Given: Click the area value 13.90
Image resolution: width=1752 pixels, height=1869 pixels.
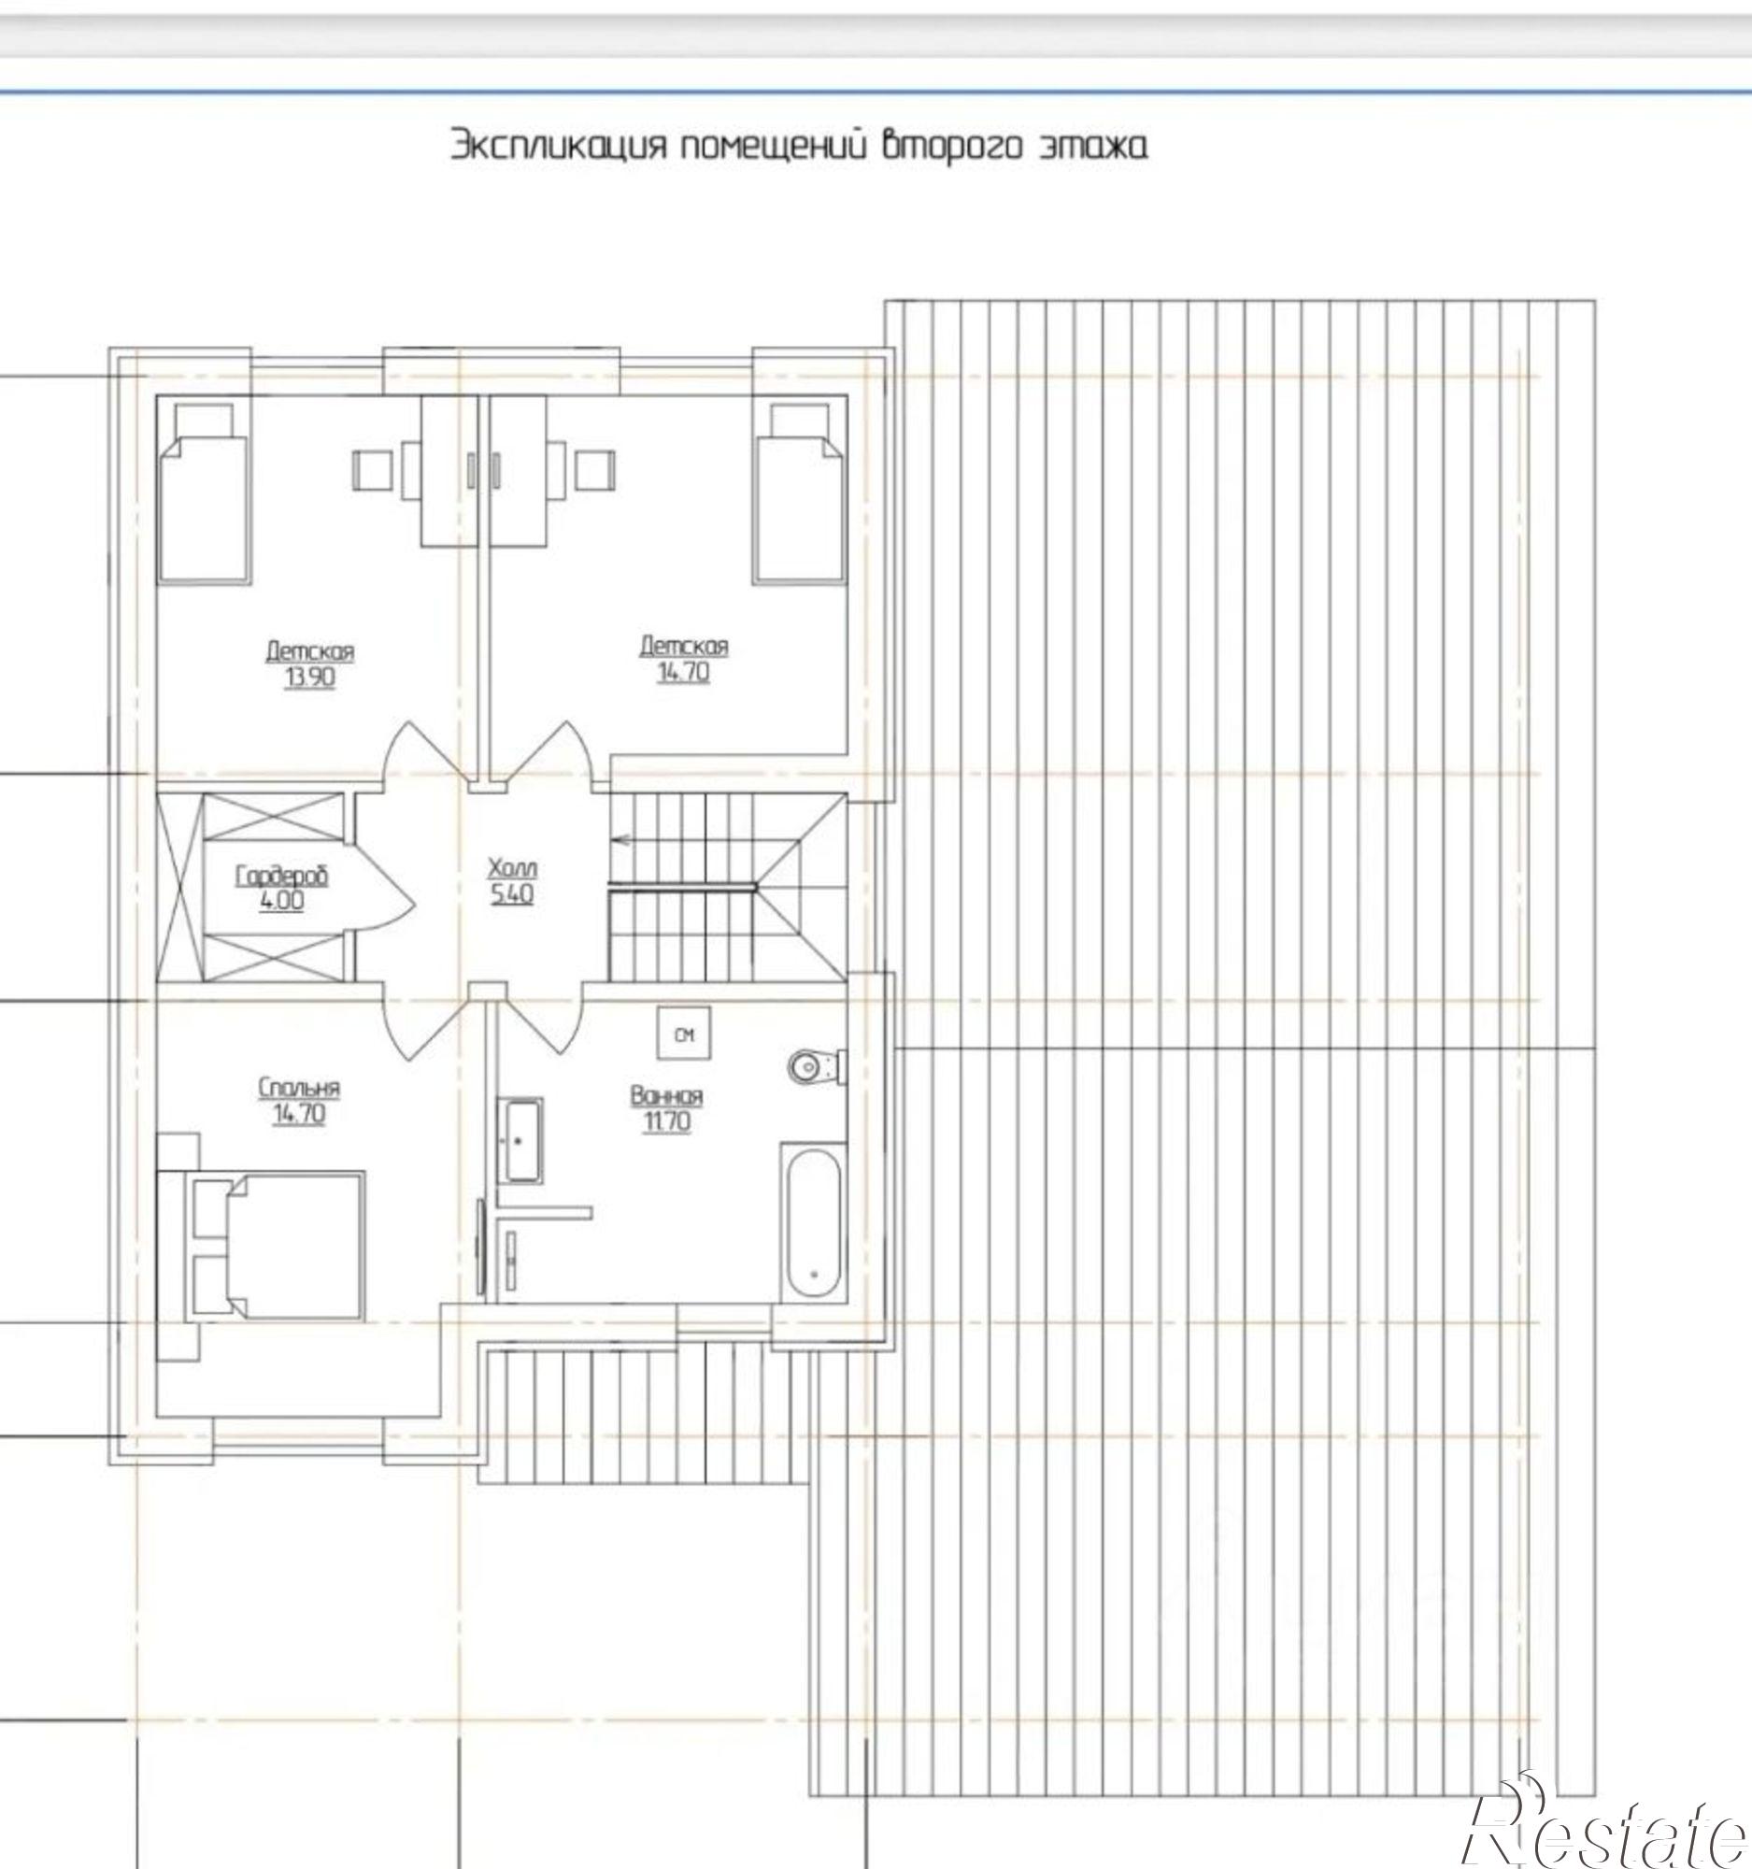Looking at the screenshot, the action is (x=309, y=678).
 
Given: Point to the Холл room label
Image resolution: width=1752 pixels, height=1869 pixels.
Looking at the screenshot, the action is (x=512, y=868).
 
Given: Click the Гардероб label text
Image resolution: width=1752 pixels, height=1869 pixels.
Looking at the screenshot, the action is (x=281, y=877).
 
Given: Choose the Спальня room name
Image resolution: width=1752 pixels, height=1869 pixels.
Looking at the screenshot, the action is (x=299, y=1088).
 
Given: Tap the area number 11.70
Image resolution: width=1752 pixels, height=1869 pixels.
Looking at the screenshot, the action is (x=666, y=1121).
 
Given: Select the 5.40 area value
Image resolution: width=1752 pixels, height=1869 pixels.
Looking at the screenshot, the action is (x=512, y=893).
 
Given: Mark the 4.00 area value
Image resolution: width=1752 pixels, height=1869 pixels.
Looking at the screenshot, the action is (x=283, y=902).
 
